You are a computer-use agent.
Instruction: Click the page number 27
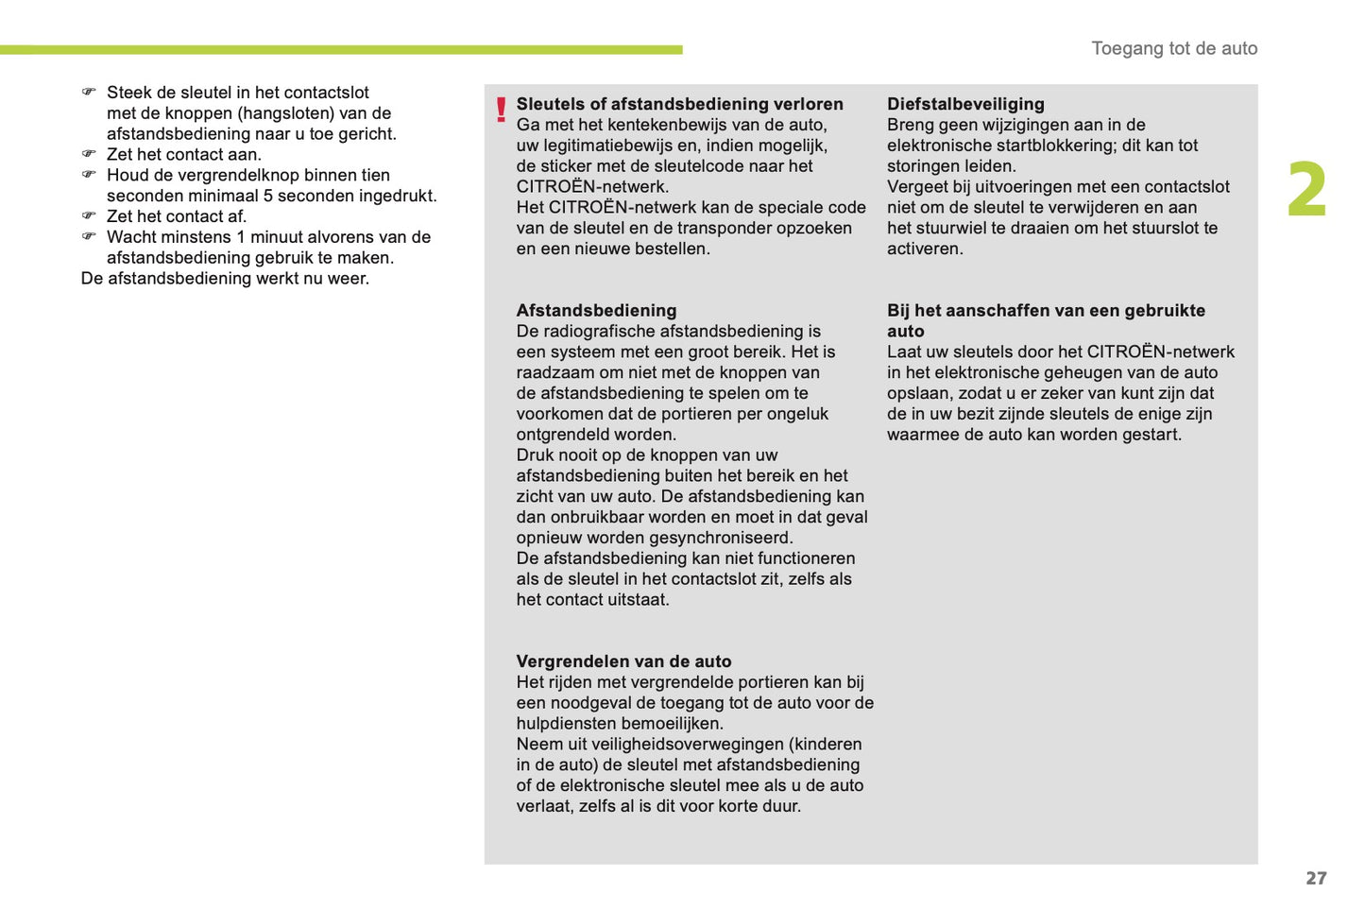[x=1316, y=878]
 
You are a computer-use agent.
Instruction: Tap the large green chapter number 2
[x=1306, y=190]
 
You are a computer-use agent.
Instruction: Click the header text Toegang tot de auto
[x=1174, y=48]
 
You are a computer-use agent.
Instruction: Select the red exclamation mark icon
[x=501, y=110]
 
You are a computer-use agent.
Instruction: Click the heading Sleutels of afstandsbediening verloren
[x=679, y=104]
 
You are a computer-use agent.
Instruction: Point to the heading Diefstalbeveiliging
[x=965, y=104]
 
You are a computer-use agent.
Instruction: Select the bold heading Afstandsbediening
[x=596, y=310]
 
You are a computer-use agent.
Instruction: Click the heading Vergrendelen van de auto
[x=623, y=661]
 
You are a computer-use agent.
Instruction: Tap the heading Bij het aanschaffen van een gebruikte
[x=1046, y=310]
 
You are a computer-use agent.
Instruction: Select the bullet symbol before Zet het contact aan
[x=89, y=154]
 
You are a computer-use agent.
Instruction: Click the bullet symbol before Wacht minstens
[x=89, y=236]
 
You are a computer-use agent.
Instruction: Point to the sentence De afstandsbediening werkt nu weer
[x=225, y=278]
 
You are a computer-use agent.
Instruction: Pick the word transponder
[x=764, y=228]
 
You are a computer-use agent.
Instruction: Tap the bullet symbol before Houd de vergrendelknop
[x=89, y=175]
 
